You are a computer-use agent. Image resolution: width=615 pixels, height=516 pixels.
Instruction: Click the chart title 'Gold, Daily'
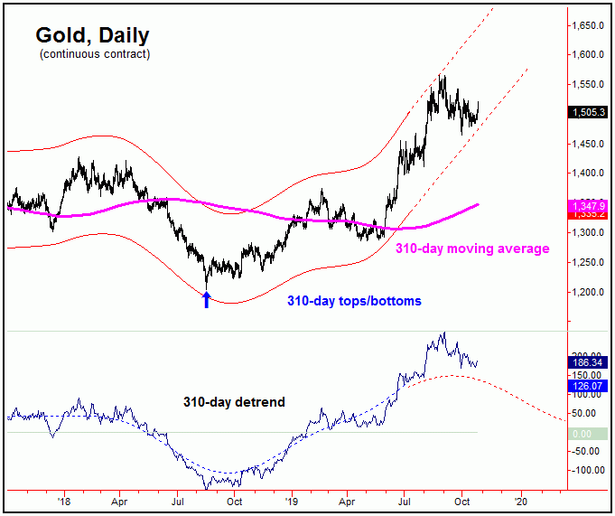[x=92, y=35]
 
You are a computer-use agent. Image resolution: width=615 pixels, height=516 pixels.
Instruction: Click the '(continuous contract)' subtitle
[x=94, y=55]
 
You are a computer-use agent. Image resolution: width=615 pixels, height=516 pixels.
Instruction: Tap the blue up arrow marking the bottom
[x=206, y=299]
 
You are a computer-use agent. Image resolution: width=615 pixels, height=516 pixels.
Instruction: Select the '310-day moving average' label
[x=472, y=248]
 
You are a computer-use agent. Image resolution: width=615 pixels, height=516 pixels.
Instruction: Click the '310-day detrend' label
[x=234, y=402]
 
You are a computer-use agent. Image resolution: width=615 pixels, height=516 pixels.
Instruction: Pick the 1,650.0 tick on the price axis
[x=588, y=27]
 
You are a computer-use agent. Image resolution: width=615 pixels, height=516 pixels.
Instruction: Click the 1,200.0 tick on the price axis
[x=588, y=293]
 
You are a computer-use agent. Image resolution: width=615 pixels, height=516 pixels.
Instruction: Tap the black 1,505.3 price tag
[x=588, y=112]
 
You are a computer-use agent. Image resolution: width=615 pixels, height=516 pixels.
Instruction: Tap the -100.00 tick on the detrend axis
[x=588, y=470]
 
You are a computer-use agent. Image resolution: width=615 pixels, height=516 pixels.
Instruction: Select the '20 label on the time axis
[x=520, y=498]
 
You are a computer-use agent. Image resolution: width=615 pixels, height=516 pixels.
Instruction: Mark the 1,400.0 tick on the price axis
[x=588, y=174]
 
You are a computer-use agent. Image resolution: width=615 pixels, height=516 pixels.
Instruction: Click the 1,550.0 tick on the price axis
[x=588, y=86]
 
